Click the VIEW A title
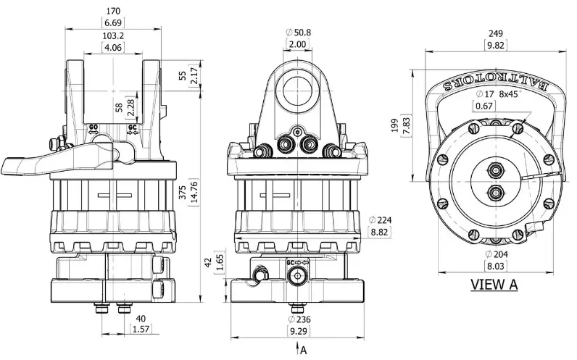pos(494,284)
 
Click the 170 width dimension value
pos(113,12)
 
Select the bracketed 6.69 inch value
pos(113,22)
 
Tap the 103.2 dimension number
pos(113,36)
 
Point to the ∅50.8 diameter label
pos(299,33)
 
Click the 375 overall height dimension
pos(183,190)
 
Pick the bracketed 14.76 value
pos(194,191)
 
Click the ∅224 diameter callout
pos(380,220)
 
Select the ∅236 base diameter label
pos(299,319)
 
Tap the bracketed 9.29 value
pos(298,331)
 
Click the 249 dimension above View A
pos(495,33)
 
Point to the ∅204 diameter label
pos(497,254)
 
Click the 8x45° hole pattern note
pos(509,94)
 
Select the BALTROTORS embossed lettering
pos(495,84)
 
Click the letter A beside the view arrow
pos(303,350)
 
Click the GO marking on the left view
pos(94,127)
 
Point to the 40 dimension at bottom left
pos(141,319)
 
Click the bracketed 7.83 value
pos(407,126)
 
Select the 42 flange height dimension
pos(208,262)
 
